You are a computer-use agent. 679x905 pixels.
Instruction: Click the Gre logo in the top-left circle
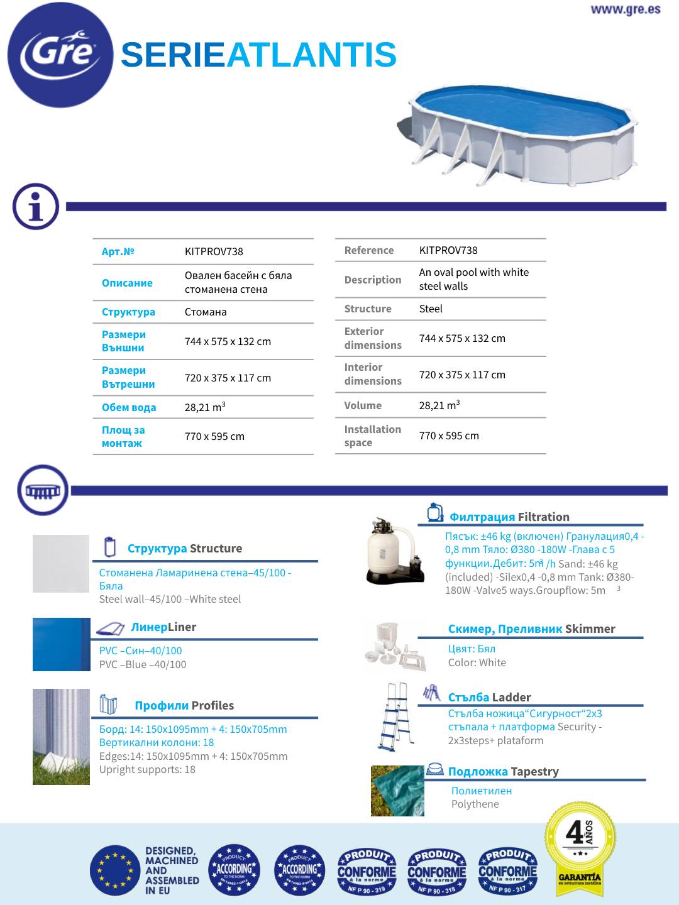[60, 54]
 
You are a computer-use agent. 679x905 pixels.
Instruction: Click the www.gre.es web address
[625, 9]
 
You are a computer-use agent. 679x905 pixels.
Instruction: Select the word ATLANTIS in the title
[311, 55]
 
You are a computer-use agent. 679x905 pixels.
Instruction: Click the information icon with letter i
[36, 207]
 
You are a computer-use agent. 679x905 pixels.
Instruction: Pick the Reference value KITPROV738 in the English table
[448, 250]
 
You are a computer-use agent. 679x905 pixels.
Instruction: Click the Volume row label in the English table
[363, 405]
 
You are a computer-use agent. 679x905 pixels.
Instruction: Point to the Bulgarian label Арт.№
[118, 251]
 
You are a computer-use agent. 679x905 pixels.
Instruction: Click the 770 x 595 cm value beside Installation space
[449, 436]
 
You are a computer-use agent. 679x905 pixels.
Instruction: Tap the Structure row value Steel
[431, 309]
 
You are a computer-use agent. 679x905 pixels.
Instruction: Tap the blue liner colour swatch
[61, 644]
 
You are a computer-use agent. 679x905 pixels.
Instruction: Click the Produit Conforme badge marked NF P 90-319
[367, 871]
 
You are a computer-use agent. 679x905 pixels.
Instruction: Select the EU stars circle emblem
[114, 870]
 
